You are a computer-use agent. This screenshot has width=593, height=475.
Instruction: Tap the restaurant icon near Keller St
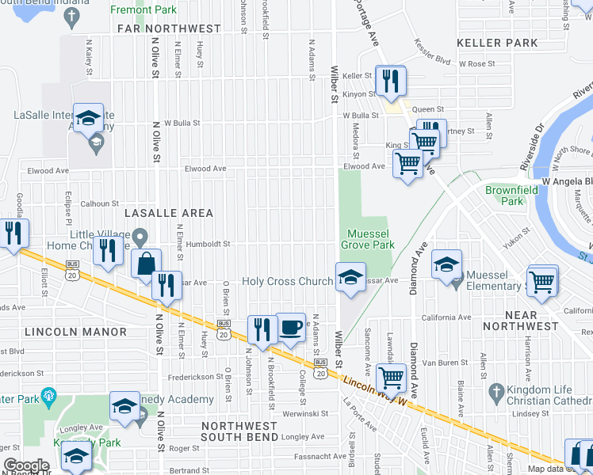pyautogui.click(x=390, y=80)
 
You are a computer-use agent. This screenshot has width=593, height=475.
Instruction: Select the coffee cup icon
pyautogui.click(x=291, y=327)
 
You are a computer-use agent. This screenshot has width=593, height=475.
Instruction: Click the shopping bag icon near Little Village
pyautogui.click(x=147, y=264)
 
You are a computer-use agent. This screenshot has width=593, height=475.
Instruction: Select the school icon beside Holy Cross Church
pyautogui.click(x=350, y=277)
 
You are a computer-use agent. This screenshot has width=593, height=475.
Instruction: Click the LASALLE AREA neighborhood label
pyautogui.click(x=167, y=213)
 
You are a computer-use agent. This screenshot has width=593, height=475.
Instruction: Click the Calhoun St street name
pyautogui.click(x=99, y=203)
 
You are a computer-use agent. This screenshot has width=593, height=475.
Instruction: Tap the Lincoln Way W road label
pyautogui.click(x=374, y=391)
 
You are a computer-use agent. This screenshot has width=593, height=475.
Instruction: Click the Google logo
pyautogui.click(x=26, y=465)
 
